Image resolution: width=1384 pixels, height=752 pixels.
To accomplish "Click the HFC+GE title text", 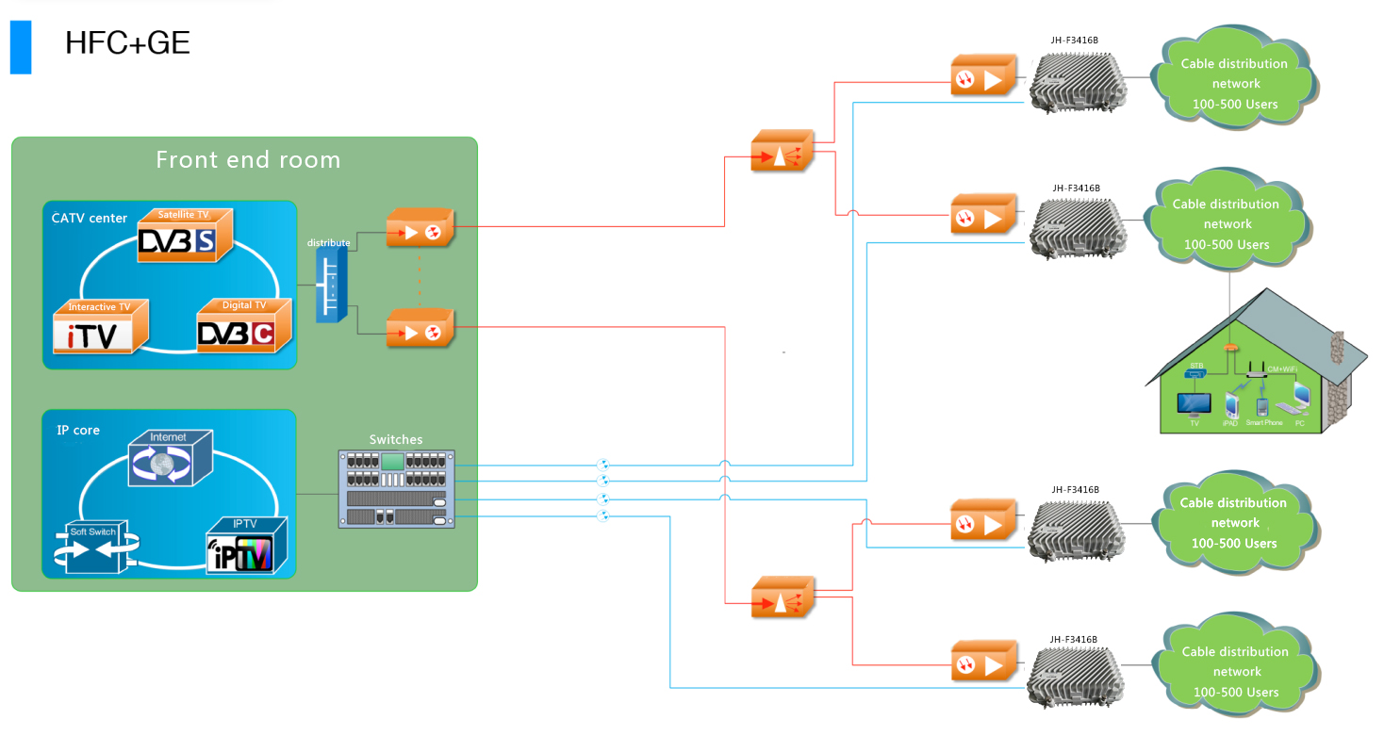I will (127, 42).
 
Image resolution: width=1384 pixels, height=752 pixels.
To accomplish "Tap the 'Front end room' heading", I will (248, 160).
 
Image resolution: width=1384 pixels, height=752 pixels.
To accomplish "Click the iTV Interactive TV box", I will (100, 327).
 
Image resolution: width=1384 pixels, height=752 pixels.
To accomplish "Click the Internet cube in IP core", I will (170, 458).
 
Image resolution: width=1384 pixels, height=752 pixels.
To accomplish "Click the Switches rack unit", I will (396, 488).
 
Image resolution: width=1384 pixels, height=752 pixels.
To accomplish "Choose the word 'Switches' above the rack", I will (396, 439).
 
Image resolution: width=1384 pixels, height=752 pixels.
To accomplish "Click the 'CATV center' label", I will (90, 219).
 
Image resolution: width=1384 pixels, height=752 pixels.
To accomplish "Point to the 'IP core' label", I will (78, 431).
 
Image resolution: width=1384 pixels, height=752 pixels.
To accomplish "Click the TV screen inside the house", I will (1195, 403).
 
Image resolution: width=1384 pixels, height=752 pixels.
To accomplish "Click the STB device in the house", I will (1195, 374).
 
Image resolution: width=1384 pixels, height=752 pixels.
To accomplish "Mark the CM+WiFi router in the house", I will (1256, 370).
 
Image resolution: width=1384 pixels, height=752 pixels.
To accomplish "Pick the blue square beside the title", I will (21, 47).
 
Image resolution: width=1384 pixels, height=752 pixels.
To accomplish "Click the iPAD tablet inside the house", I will (1230, 405).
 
